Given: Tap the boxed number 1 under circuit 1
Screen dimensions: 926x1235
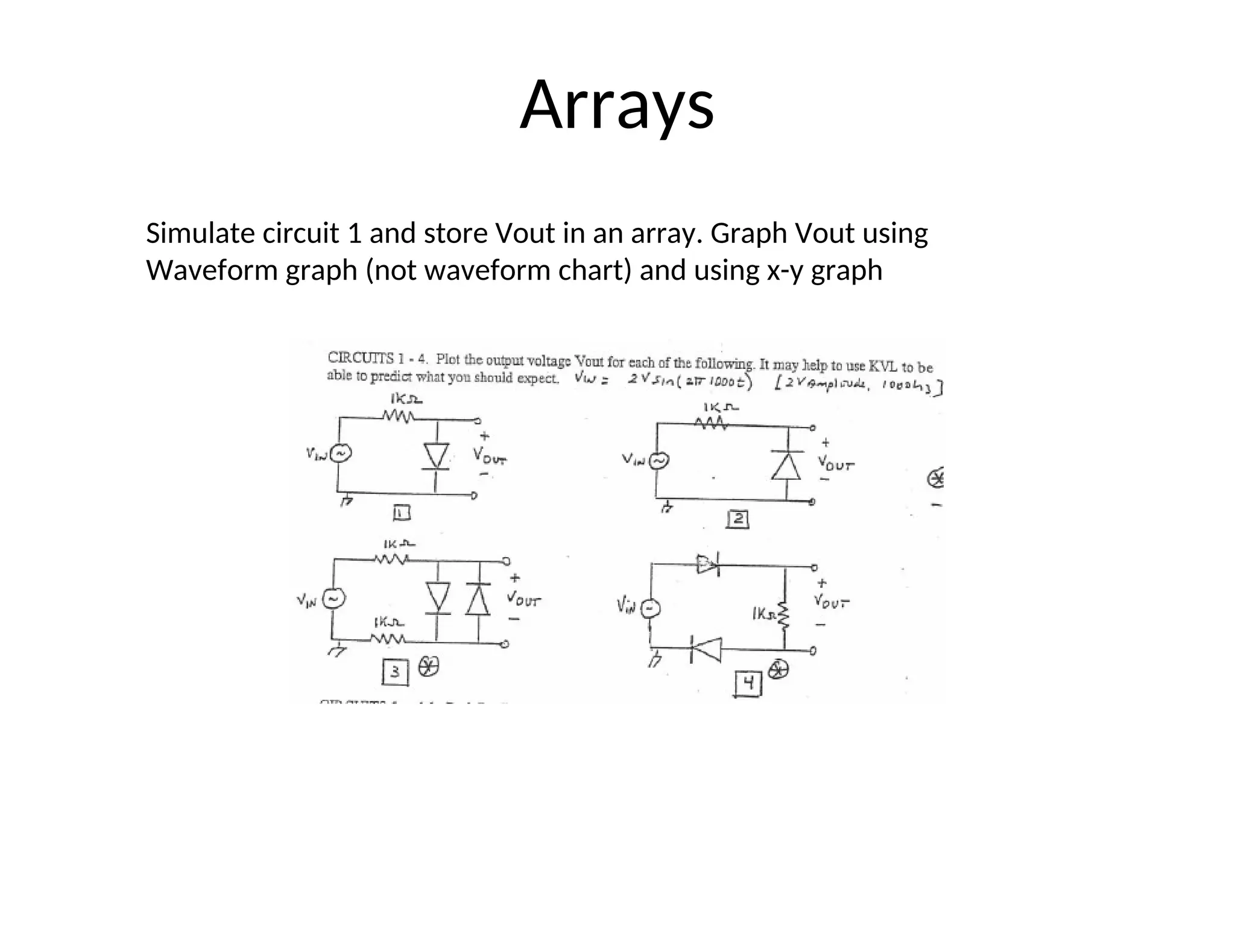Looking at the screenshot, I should click(x=402, y=513).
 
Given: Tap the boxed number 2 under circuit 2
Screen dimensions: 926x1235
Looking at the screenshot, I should click(x=738, y=519).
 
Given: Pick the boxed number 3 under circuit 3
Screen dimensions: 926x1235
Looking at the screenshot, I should click(x=395, y=672).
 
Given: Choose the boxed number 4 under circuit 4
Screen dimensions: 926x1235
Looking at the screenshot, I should click(x=748, y=684).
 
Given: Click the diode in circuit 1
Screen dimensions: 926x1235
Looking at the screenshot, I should click(x=437, y=456).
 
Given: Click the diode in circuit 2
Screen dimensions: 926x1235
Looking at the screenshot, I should click(x=786, y=465).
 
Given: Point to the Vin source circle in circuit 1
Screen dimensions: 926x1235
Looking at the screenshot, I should click(x=340, y=453).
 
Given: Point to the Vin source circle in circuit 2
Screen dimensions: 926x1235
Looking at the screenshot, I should click(x=658, y=461).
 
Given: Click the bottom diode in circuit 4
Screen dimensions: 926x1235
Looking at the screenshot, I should click(x=706, y=650).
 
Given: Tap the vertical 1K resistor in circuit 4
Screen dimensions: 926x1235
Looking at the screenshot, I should click(x=784, y=614).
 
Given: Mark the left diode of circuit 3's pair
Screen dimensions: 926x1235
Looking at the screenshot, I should click(x=438, y=597).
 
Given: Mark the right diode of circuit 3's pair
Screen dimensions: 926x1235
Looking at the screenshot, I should click(x=478, y=599).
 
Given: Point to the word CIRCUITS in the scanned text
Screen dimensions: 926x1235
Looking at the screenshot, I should click(x=360, y=357).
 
